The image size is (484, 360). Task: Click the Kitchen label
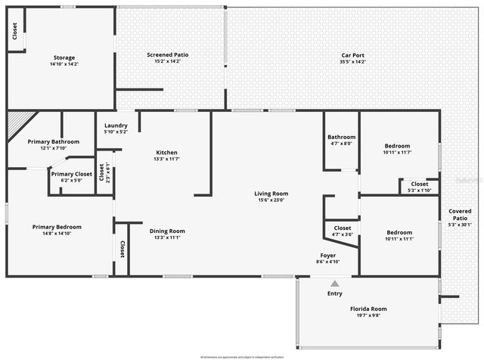(x=166, y=152)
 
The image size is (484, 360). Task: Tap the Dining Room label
(x=167, y=231)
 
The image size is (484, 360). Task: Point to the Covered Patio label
(x=460, y=216)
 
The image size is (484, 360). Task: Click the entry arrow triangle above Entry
(x=334, y=283)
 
